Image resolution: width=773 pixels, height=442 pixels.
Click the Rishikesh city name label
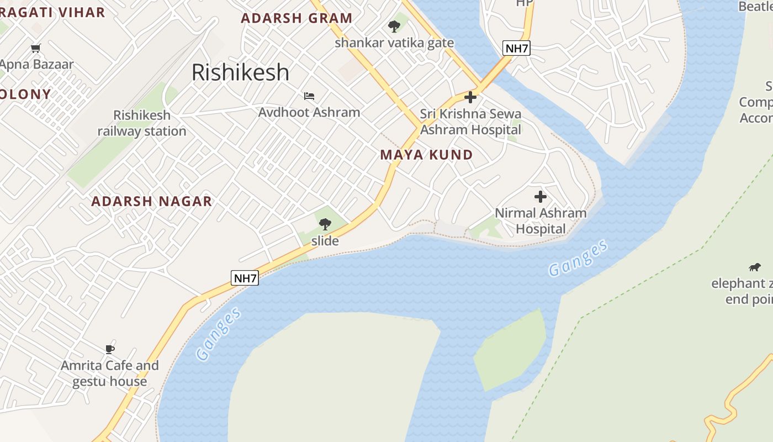pos(240,72)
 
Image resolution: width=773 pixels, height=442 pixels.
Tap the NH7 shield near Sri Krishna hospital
pos(517,48)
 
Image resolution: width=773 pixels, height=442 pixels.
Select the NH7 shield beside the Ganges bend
pos(245,278)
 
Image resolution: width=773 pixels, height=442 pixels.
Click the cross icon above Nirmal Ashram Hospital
pos(541,196)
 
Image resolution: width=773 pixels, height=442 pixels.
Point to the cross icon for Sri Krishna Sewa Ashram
pos(470,98)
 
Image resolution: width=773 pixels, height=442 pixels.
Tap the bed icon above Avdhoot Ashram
pos(309,96)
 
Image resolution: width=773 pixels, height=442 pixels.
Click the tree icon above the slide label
pos(325,224)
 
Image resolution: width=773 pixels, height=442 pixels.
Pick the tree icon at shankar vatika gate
pos(394,26)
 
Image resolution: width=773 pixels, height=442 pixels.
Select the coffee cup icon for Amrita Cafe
pos(110,349)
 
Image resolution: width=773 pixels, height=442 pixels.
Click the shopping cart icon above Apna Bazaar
pos(36,48)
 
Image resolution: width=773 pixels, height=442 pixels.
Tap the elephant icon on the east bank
pos(754,267)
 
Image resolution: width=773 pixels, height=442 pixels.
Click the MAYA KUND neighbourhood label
pos(426,155)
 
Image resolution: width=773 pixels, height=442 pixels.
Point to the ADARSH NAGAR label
pos(151,201)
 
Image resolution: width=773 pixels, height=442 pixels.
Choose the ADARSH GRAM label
pos(297,18)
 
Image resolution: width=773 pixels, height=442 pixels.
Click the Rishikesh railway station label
pos(142,123)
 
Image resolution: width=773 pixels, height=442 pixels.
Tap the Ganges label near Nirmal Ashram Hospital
pos(578,257)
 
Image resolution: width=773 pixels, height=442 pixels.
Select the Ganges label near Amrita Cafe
pos(219,334)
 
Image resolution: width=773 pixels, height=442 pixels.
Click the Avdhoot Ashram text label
pos(309,112)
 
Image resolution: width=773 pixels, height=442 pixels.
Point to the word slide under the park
pos(325,241)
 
